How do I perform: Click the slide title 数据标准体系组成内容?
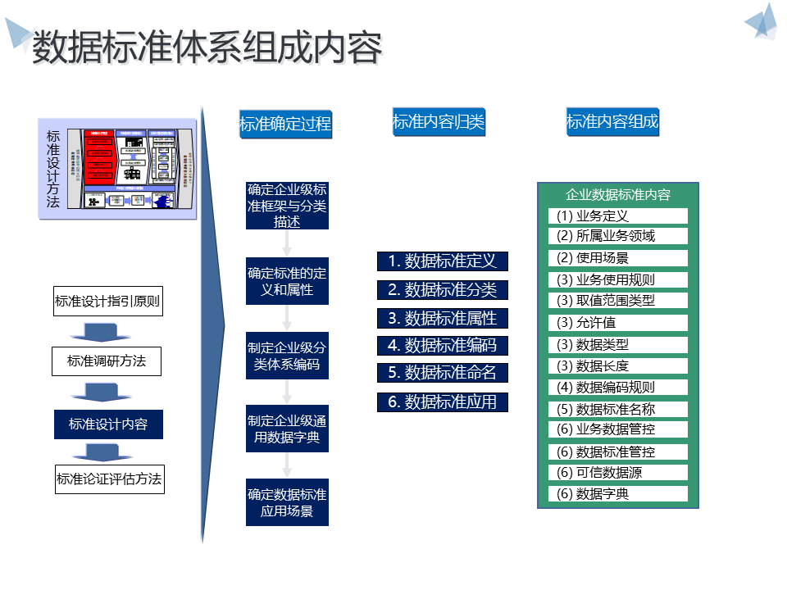(x=207, y=48)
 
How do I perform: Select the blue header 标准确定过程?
(x=285, y=124)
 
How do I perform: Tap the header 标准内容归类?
(x=439, y=123)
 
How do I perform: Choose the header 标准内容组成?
(x=612, y=122)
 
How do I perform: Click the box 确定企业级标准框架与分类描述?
(x=287, y=206)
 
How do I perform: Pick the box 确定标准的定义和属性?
(x=287, y=281)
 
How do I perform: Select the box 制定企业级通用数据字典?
(x=287, y=429)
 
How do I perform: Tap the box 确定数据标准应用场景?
(x=287, y=502)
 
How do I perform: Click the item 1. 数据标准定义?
(x=443, y=261)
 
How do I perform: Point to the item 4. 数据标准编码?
(x=443, y=346)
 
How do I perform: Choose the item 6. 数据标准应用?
(x=443, y=402)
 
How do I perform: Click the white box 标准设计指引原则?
(x=107, y=302)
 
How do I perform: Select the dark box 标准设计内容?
(x=108, y=424)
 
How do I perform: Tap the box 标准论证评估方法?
(x=109, y=479)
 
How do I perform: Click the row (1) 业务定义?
(x=618, y=216)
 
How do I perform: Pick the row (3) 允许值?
(x=618, y=322)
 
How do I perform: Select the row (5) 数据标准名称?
(x=618, y=409)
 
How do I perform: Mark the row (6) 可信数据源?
(x=618, y=472)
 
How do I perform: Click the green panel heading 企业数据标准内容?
(x=618, y=195)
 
